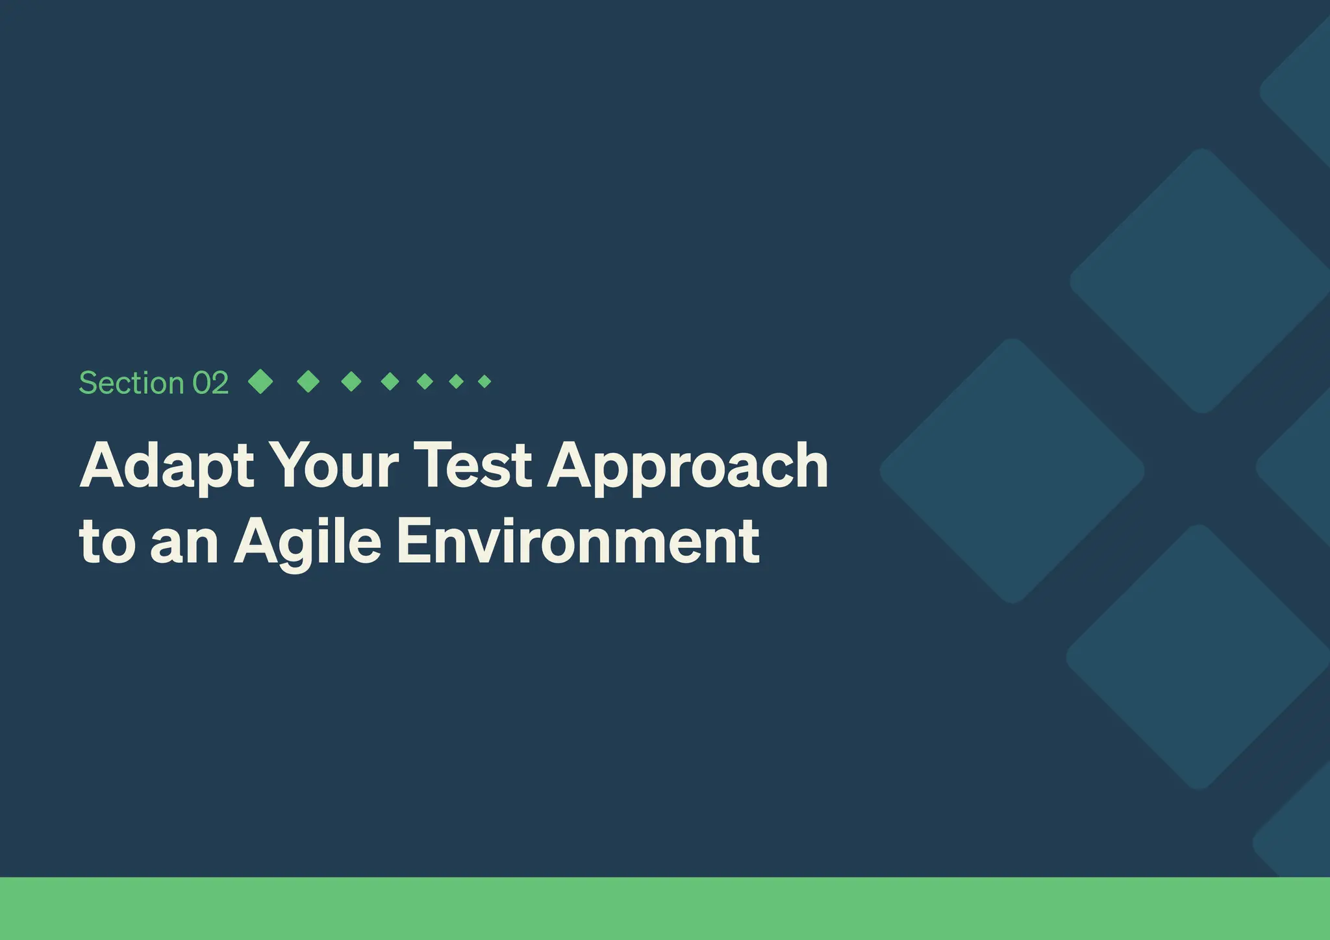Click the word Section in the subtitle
click(x=131, y=383)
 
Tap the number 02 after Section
click(x=210, y=383)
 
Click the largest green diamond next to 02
click(x=260, y=381)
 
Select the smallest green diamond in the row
click(x=484, y=381)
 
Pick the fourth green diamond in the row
click(x=390, y=381)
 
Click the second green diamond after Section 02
click(x=308, y=381)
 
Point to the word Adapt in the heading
click(x=167, y=466)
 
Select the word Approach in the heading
click(x=688, y=466)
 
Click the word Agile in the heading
click(x=307, y=543)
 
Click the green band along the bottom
click(x=665, y=908)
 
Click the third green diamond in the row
click(x=351, y=381)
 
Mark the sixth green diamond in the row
click(x=457, y=381)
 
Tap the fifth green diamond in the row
click(x=425, y=381)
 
